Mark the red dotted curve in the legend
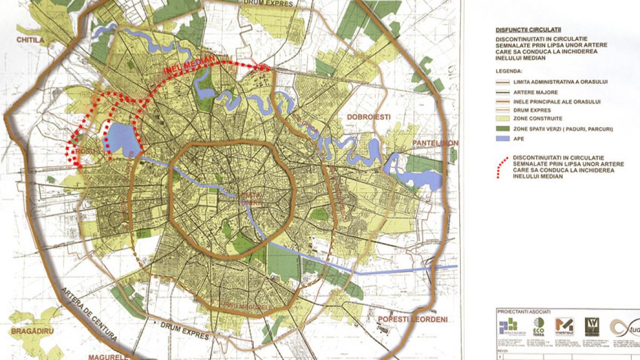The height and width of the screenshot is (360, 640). pos(501,167)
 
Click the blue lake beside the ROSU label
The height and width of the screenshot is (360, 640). pos(123,138)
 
